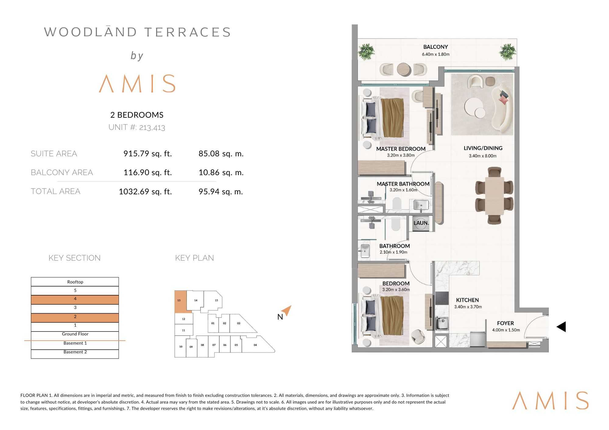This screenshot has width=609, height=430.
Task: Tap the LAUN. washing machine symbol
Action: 421,223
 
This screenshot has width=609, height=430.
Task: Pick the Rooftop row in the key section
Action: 75,282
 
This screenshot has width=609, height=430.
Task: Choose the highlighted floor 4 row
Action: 75,300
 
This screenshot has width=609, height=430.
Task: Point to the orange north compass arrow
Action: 287,310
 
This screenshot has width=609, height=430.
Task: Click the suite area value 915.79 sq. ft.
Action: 148,154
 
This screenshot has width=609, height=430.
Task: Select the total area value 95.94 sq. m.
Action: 221,192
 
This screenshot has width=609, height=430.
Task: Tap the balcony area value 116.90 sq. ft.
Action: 148,172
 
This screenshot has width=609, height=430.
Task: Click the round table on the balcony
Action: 404,69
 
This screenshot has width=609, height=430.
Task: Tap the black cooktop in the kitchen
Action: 442,298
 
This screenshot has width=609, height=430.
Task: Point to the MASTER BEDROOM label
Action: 401,149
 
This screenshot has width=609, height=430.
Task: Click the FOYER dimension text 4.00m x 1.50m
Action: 506,330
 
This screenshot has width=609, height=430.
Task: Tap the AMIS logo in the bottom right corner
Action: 550,401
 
